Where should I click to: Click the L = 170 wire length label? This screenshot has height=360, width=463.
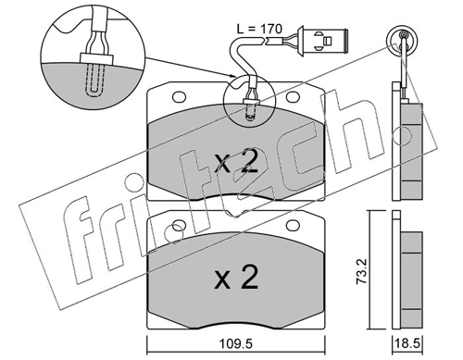pyautogui.click(x=259, y=29)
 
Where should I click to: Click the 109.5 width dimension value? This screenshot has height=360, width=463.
pyautogui.click(x=235, y=343)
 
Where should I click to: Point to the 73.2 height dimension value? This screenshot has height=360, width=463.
pyautogui.click(x=361, y=271)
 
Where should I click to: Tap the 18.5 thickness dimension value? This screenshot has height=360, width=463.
pyautogui.click(x=407, y=343)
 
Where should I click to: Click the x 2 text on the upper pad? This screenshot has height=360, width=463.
pyautogui.click(x=236, y=161)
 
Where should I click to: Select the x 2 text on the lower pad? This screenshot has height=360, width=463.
pyautogui.click(x=236, y=277)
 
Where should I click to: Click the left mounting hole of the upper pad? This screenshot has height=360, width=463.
pyautogui.click(x=179, y=97)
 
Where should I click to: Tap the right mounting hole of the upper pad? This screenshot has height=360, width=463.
pyautogui.click(x=293, y=97)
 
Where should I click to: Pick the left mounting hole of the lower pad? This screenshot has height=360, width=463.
pyautogui.click(x=179, y=226)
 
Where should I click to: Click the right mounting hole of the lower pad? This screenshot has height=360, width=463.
pyautogui.click(x=293, y=226)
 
